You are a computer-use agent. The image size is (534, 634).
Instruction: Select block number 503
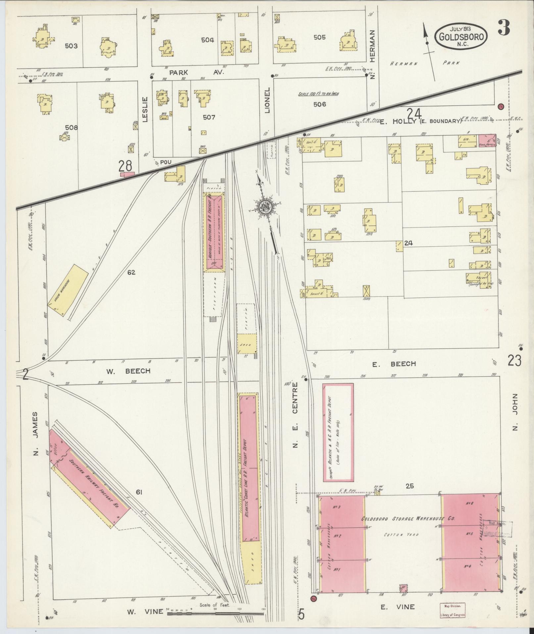pos(71,46)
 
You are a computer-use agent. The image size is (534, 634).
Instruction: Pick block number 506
pos(319,104)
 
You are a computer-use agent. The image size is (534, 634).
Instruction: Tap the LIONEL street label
pos(267,100)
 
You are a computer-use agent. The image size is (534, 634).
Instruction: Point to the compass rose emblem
pos(266,207)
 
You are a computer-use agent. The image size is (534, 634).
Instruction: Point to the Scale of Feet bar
pos(215,613)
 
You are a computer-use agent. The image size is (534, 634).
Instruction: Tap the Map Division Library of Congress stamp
pos(453,610)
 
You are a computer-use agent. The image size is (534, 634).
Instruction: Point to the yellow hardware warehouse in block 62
pos(68,285)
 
